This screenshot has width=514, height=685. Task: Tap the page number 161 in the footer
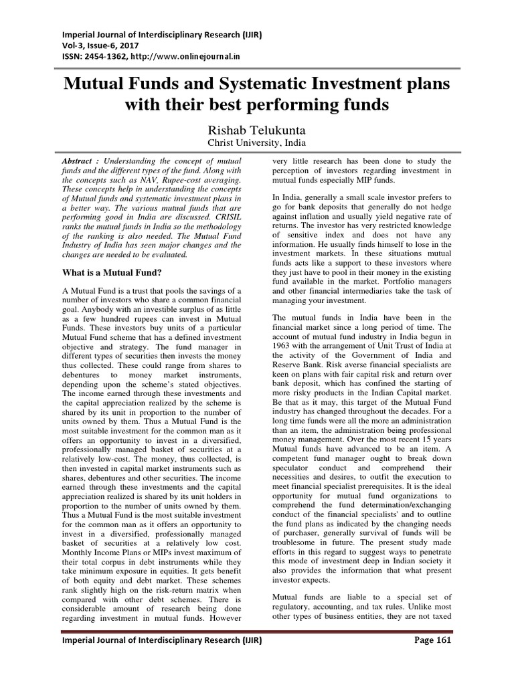442,659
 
